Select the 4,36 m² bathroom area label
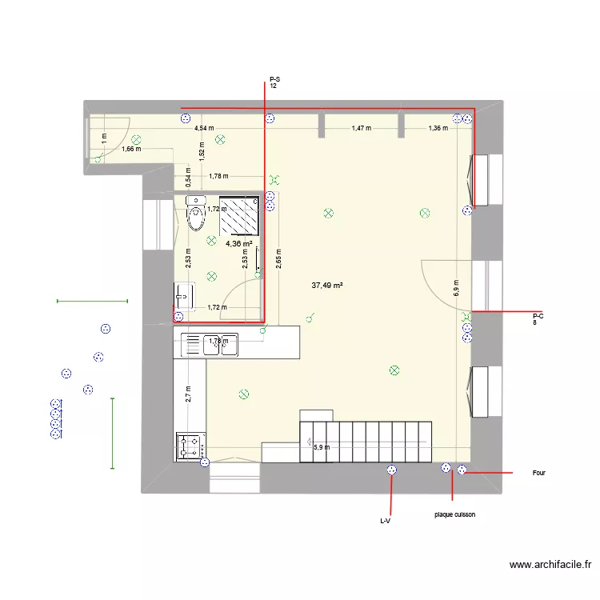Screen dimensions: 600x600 238,244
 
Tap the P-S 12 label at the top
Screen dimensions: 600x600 274,82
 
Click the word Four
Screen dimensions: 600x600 539,473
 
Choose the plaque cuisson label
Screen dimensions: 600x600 455,514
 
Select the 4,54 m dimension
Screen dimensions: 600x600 203,128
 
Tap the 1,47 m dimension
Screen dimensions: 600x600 362,128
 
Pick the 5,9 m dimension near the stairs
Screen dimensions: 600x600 320,448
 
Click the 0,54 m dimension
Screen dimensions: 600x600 187,174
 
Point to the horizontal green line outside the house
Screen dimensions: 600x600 92,301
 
